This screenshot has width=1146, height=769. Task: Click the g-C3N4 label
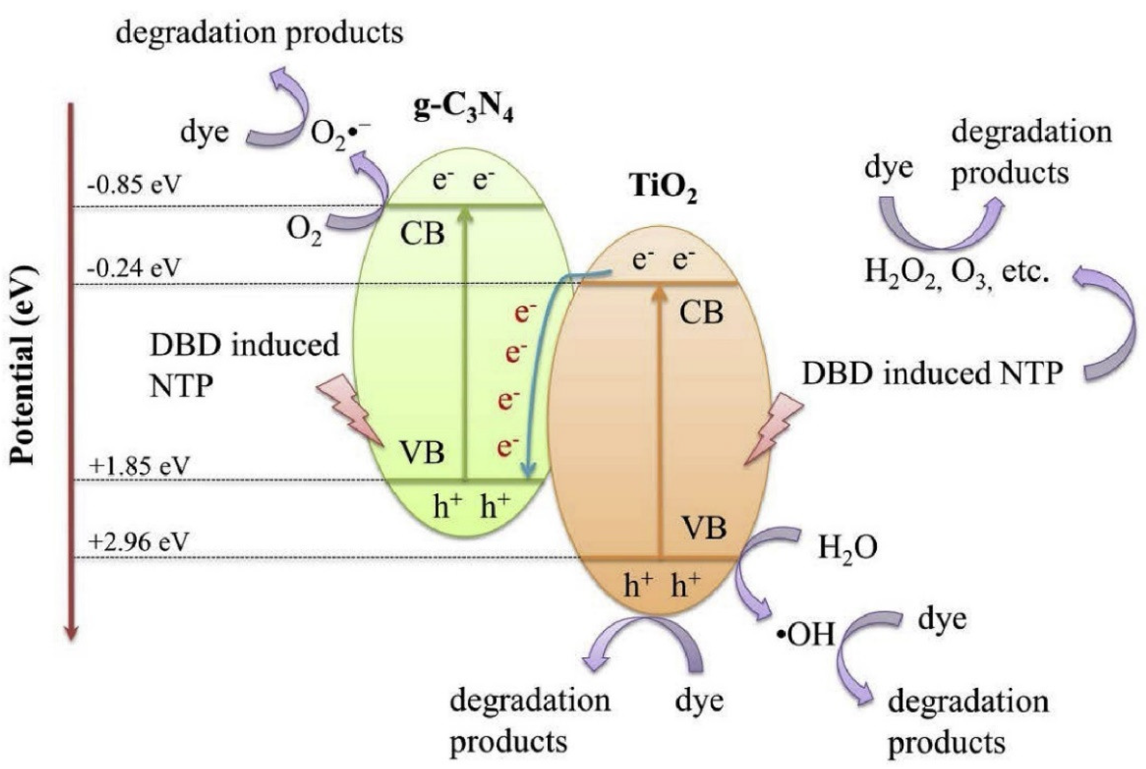tap(463, 109)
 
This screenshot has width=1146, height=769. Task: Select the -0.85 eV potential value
tap(134, 186)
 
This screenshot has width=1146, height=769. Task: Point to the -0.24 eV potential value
tap(134, 268)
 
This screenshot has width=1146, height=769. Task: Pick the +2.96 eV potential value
tap(138, 542)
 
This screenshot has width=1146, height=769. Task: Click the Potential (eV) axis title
tap(23, 365)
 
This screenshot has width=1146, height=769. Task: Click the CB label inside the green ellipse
tap(422, 234)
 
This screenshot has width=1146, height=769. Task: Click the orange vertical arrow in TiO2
tap(660, 422)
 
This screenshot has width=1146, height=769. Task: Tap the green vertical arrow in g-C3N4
tap(466, 343)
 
